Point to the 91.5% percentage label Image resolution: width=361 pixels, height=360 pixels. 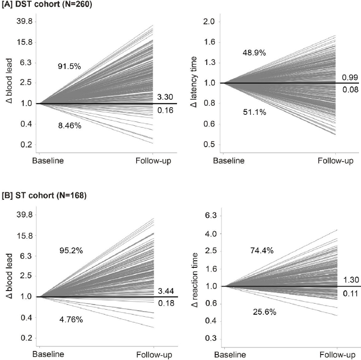[69, 65]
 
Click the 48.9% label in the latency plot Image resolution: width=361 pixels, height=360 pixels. [255, 52]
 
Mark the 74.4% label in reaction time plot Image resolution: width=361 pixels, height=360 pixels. [262, 250]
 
